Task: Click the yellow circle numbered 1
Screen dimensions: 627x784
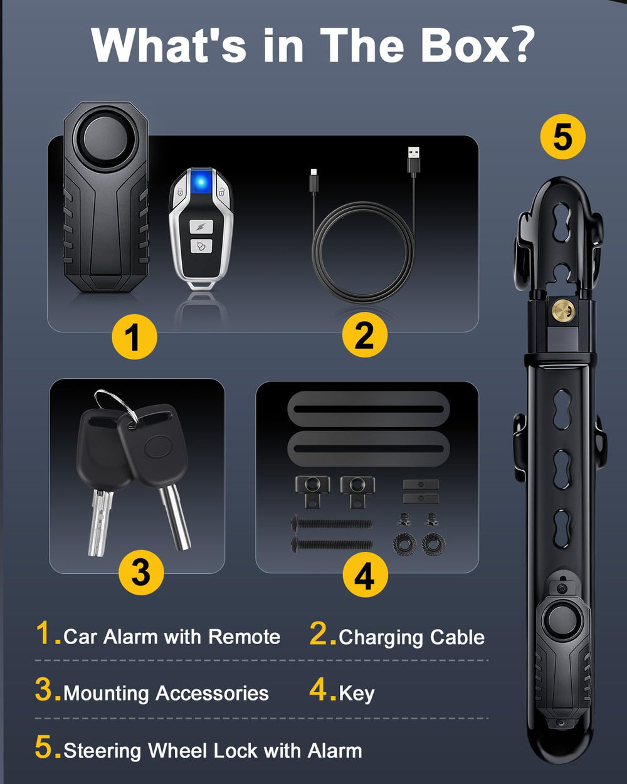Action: (x=134, y=337)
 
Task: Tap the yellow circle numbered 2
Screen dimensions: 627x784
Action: (x=365, y=334)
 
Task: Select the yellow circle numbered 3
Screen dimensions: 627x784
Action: (x=141, y=573)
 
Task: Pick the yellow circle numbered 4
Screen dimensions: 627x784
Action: (x=365, y=575)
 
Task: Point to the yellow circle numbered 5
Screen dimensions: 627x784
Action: (x=563, y=136)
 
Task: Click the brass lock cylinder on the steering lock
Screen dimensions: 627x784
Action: (x=563, y=310)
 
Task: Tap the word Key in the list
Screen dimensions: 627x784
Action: (x=357, y=694)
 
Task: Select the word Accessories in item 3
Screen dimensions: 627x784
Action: (x=212, y=693)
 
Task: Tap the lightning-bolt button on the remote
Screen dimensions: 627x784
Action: (x=200, y=226)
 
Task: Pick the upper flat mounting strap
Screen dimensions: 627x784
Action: (x=368, y=409)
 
